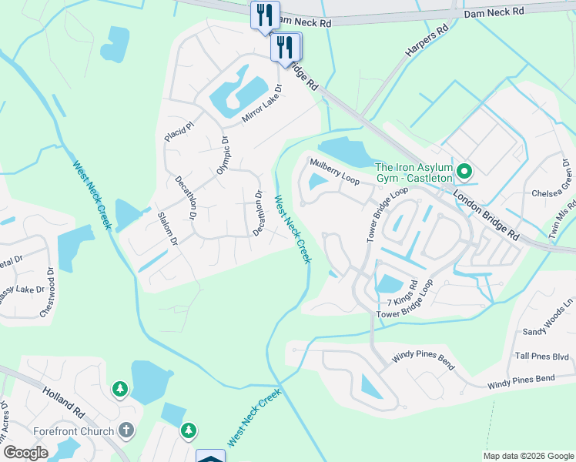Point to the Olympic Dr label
223,156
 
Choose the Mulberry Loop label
335,171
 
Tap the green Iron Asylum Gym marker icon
464,170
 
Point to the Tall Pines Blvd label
542,356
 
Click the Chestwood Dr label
52,292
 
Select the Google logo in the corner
25,452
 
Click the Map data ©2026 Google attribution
527,456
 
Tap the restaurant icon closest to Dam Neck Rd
264,15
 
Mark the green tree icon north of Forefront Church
120,389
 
